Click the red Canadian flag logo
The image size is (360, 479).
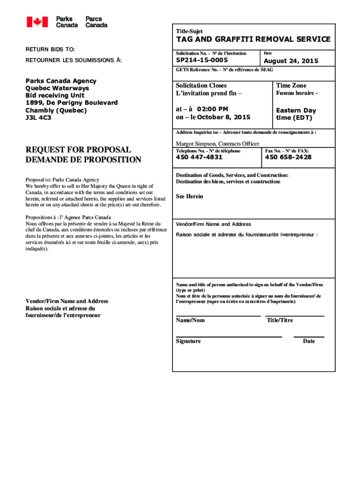[x=37, y=22]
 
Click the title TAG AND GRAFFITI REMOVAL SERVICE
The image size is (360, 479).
[x=253, y=40]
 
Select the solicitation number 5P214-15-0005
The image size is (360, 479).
[x=202, y=60]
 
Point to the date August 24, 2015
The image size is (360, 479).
[x=291, y=61]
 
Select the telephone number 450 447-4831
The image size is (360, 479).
[x=199, y=157]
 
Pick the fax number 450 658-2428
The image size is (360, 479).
[x=288, y=157]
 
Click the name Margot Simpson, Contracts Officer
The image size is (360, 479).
[x=217, y=144]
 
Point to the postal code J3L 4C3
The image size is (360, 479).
[x=38, y=117]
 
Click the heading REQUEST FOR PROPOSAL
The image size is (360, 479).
[x=78, y=150]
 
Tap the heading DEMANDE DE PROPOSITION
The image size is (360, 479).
[x=83, y=160]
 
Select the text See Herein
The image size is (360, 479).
[x=189, y=196]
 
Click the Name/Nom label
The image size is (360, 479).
[x=190, y=320]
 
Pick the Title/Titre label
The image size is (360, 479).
[x=280, y=320]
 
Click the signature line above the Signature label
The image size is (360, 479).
[x=229, y=336]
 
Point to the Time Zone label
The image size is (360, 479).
[x=291, y=86]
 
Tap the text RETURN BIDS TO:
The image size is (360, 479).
[x=50, y=49]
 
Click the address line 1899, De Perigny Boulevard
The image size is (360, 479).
[x=71, y=102]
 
